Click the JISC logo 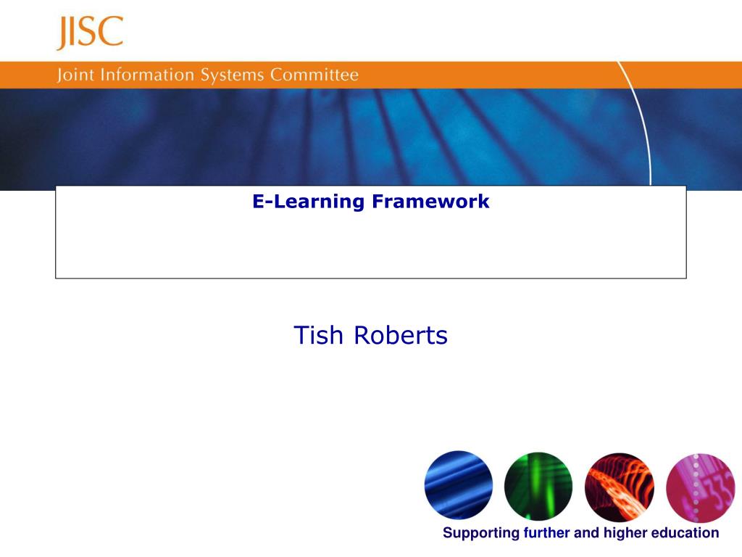[x=90, y=33]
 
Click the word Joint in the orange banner [x=74, y=75]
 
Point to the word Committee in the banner [x=314, y=75]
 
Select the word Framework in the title [x=430, y=202]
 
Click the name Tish [x=319, y=336]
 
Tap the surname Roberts [x=401, y=336]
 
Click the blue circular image [x=458, y=485]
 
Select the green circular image [x=538, y=485]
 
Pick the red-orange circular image [x=619, y=485]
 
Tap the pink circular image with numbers [x=699, y=485]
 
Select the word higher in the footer [x=624, y=534]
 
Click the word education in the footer [x=685, y=533]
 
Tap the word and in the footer [x=586, y=533]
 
